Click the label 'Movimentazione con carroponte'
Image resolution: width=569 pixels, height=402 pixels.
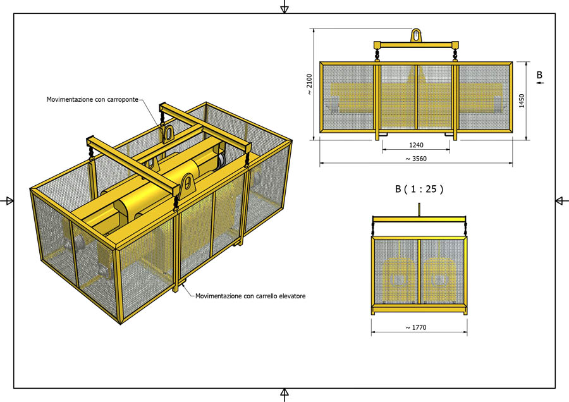pyautogui.click(x=92, y=99)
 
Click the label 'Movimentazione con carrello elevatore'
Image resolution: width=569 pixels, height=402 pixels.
pyautogui.click(x=250, y=296)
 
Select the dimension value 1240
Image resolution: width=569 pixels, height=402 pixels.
pyautogui.click(x=416, y=145)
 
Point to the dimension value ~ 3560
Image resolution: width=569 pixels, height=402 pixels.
pyautogui.click(x=416, y=159)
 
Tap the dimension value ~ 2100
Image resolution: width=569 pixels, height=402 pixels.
pyautogui.click(x=309, y=85)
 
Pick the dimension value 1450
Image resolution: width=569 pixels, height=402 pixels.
pyautogui.click(x=522, y=101)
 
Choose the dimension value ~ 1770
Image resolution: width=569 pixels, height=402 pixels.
pyautogui.click(x=416, y=327)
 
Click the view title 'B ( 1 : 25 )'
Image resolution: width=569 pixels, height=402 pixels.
pyautogui.click(x=419, y=189)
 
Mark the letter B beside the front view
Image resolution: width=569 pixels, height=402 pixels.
pyautogui.click(x=540, y=75)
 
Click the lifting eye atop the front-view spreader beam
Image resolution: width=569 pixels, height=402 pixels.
pyautogui.click(x=416, y=35)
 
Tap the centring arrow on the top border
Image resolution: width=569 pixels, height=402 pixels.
pyautogui.click(x=284, y=7)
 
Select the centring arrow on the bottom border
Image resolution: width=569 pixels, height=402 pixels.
pyautogui.click(x=284, y=395)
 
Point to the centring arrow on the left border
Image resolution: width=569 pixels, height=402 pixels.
pyautogui.click(x=7, y=200)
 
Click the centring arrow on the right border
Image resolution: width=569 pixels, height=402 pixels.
pyautogui.click(x=562, y=200)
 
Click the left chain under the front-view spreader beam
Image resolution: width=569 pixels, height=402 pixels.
pyautogui.click(x=377, y=56)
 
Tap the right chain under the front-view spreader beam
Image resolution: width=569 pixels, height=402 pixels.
pyautogui.click(x=455, y=56)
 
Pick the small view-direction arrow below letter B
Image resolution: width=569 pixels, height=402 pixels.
pyautogui.click(x=541, y=83)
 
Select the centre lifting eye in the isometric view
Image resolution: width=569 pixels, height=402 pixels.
pyautogui.click(x=168, y=133)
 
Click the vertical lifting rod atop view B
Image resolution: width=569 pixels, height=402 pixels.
pyautogui.click(x=419, y=210)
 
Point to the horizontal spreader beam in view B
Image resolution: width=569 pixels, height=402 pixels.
pyautogui.click(x=419, y=219)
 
